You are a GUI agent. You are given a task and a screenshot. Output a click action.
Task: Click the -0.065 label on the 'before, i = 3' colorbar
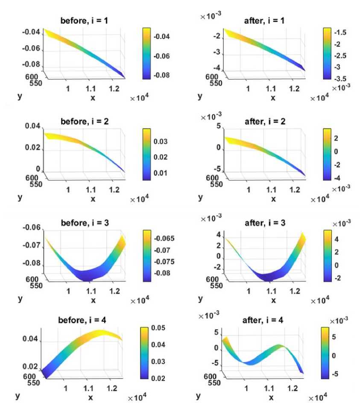pyautogui.click(x=165, y=238)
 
